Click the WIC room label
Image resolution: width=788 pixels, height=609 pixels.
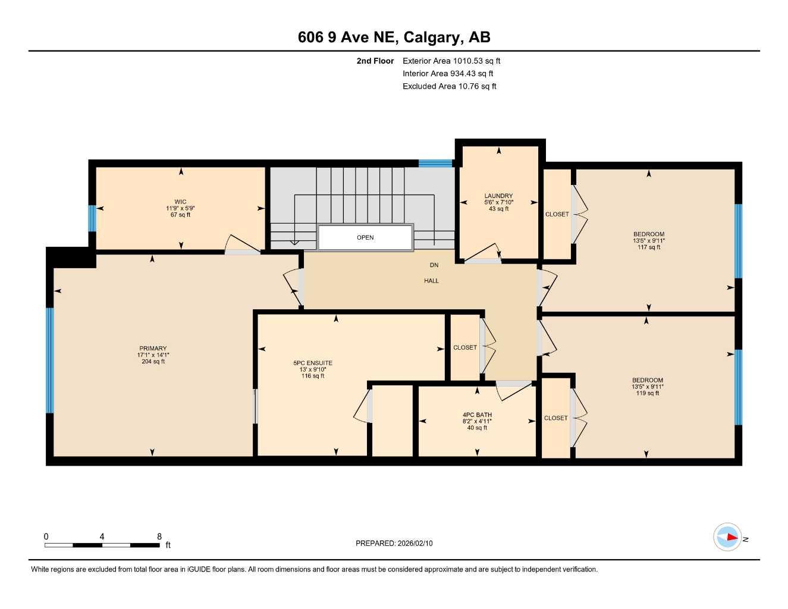tap(180, 202)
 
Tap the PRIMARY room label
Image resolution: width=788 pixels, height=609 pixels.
tap(153, 349)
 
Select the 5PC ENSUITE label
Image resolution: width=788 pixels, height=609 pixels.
tap(313, 363)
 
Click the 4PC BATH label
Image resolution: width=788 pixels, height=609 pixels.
tap(477, 415)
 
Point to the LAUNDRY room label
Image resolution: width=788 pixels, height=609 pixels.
tap(498, 196)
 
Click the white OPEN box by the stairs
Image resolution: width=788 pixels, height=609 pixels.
tap(365, 237)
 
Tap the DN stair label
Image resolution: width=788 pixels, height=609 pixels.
tap(434, 265)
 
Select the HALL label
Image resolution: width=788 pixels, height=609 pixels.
tap(431, 281)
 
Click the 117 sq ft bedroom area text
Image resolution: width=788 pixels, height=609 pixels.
tap(649, 247)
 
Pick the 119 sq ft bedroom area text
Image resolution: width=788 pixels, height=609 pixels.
tap(648, 393)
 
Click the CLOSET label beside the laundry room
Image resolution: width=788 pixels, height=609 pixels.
tap(557, 214)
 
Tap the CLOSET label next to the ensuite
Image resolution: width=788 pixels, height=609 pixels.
tap(465, 347)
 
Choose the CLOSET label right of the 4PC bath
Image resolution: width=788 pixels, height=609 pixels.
tap(556, 418)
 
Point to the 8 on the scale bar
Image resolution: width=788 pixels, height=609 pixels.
tap(159, 536)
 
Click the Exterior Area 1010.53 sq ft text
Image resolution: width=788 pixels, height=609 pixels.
tap(451, 61)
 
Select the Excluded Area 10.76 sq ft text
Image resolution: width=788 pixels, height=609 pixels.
tap(449, 86)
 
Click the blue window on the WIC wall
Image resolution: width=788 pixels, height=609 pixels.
tap(92, 218)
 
